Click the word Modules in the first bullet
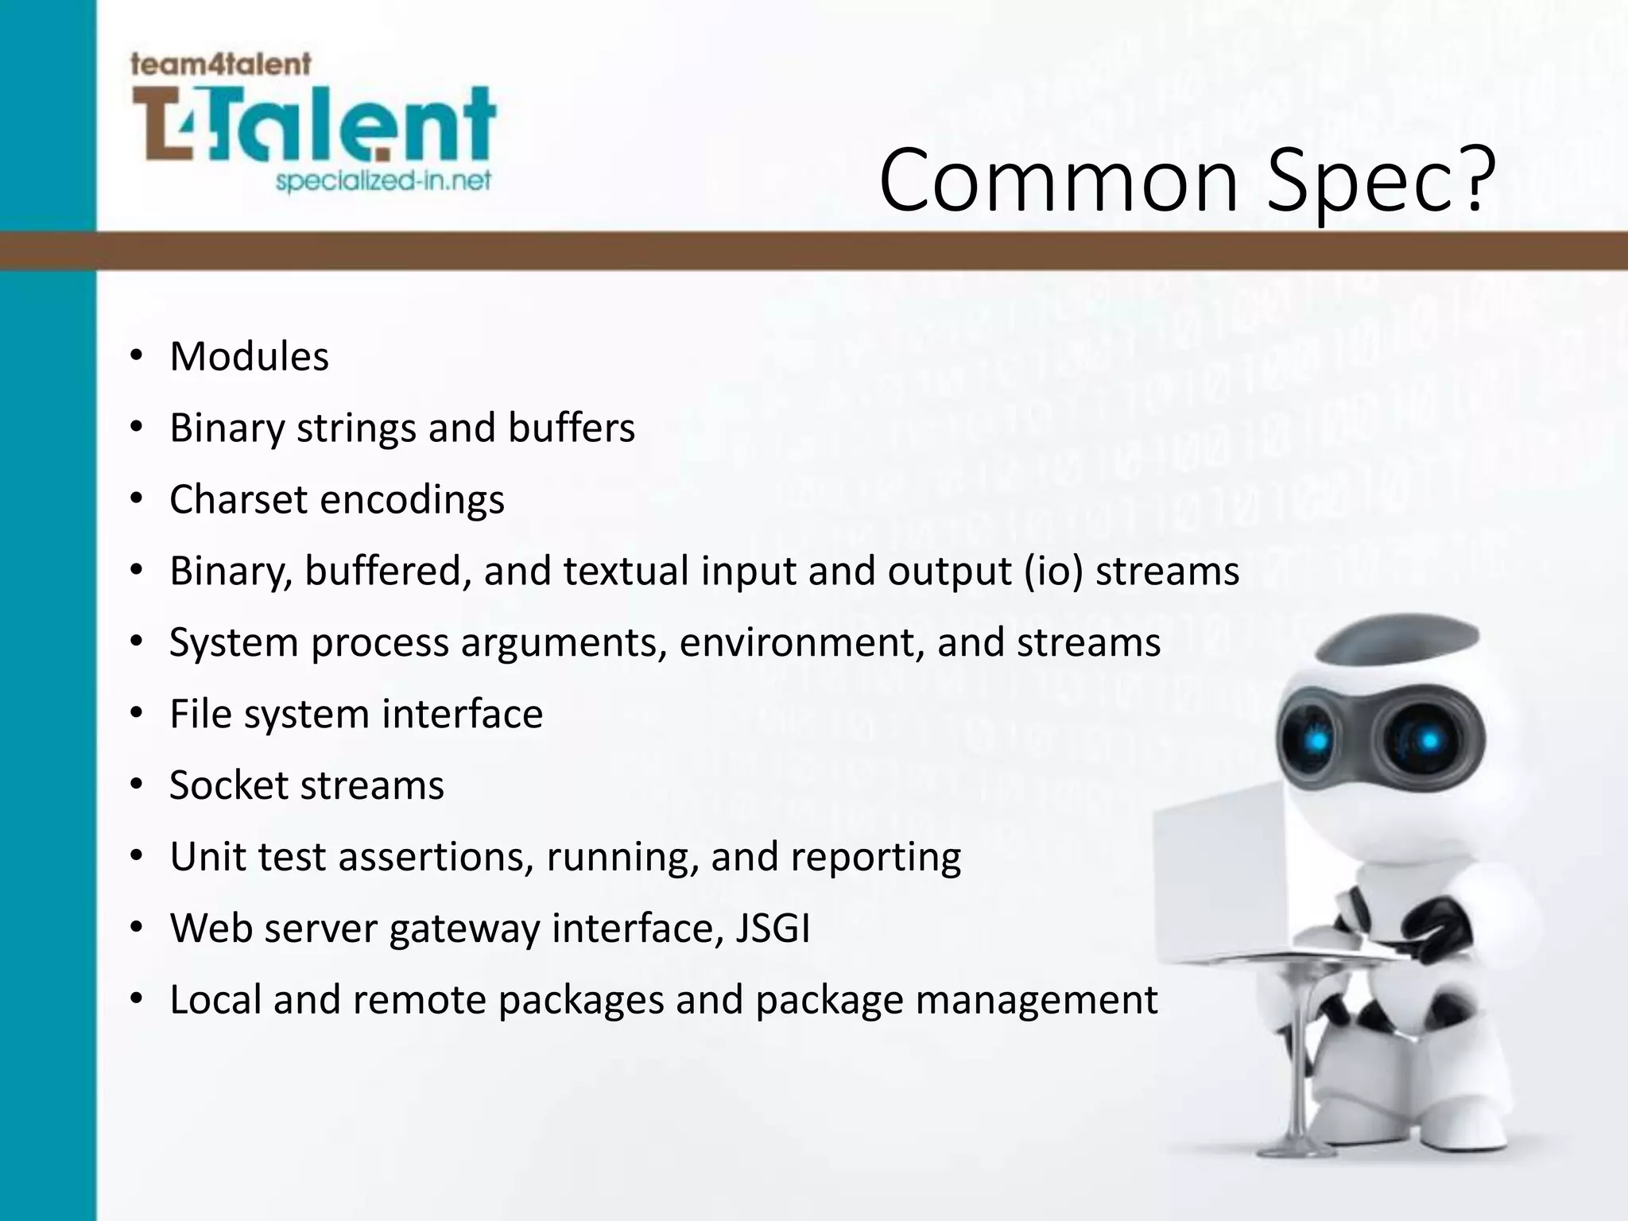249,356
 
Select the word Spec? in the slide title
1382,181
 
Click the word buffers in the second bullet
571,428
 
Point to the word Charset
238,499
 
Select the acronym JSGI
773,928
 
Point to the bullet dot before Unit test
137,857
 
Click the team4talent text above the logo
220,64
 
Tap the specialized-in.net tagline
382,181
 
